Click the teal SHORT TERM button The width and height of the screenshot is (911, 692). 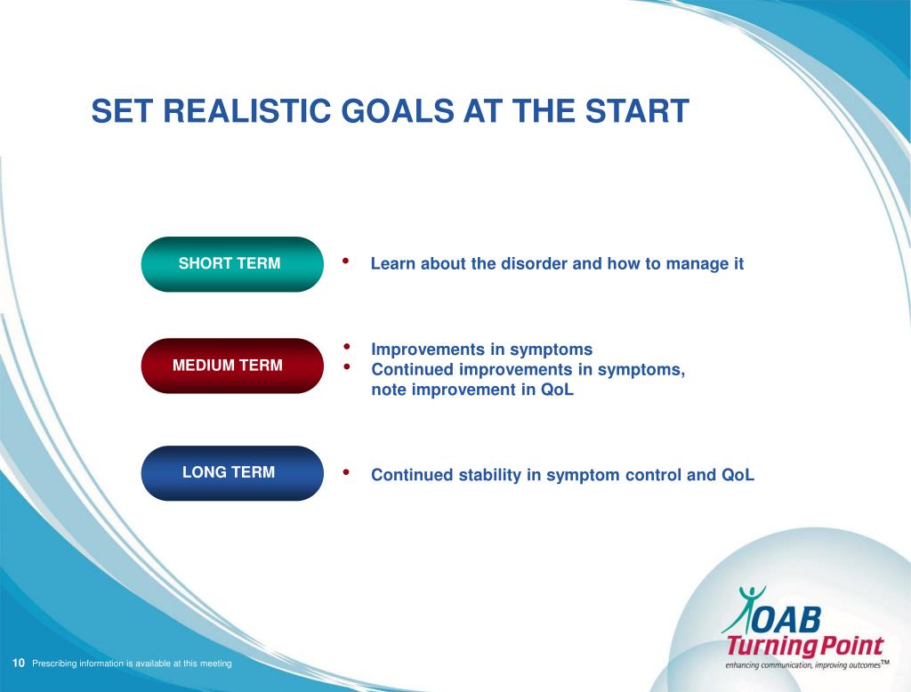point(232,264)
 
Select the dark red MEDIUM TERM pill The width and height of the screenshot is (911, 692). point(232,366)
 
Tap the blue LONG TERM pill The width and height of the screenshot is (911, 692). point(232,473)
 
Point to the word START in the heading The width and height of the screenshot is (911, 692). point(637,111)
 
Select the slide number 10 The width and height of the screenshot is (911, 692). point(19,663)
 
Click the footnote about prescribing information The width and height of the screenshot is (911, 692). point(132,664)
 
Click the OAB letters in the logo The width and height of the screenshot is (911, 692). point(787,620)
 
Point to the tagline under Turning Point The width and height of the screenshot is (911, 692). point(807,664)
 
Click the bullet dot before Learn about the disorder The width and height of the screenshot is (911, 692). point(346,261)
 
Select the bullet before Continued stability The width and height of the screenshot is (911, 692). point(346,472)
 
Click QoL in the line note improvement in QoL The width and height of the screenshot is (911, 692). point(557,390)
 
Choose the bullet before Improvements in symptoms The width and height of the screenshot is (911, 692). point(346,347)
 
